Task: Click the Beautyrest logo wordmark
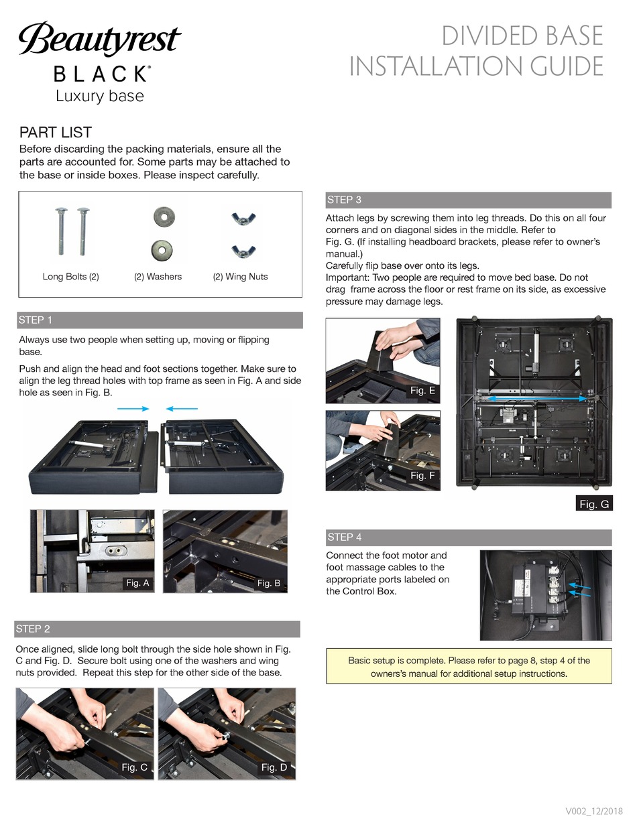pos(99,41)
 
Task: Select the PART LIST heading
pos(55,132)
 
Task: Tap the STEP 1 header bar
pos(160,320)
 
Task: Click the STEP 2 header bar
pos(158,629)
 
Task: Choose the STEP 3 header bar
pos(468,200)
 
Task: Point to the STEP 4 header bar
pos(468,537)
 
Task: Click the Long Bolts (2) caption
pos(70,276)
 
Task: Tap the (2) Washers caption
pos(158,276)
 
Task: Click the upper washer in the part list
pos(162,216)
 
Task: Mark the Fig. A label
pos(137,583)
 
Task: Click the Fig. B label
pos(268,583)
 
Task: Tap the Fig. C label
pos(134,767)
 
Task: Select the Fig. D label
pos(274,767)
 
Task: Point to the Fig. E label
pos(422,390)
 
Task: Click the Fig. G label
pos(594,504)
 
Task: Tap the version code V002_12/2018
pos(594,812)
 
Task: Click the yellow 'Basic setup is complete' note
pos(469,666)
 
